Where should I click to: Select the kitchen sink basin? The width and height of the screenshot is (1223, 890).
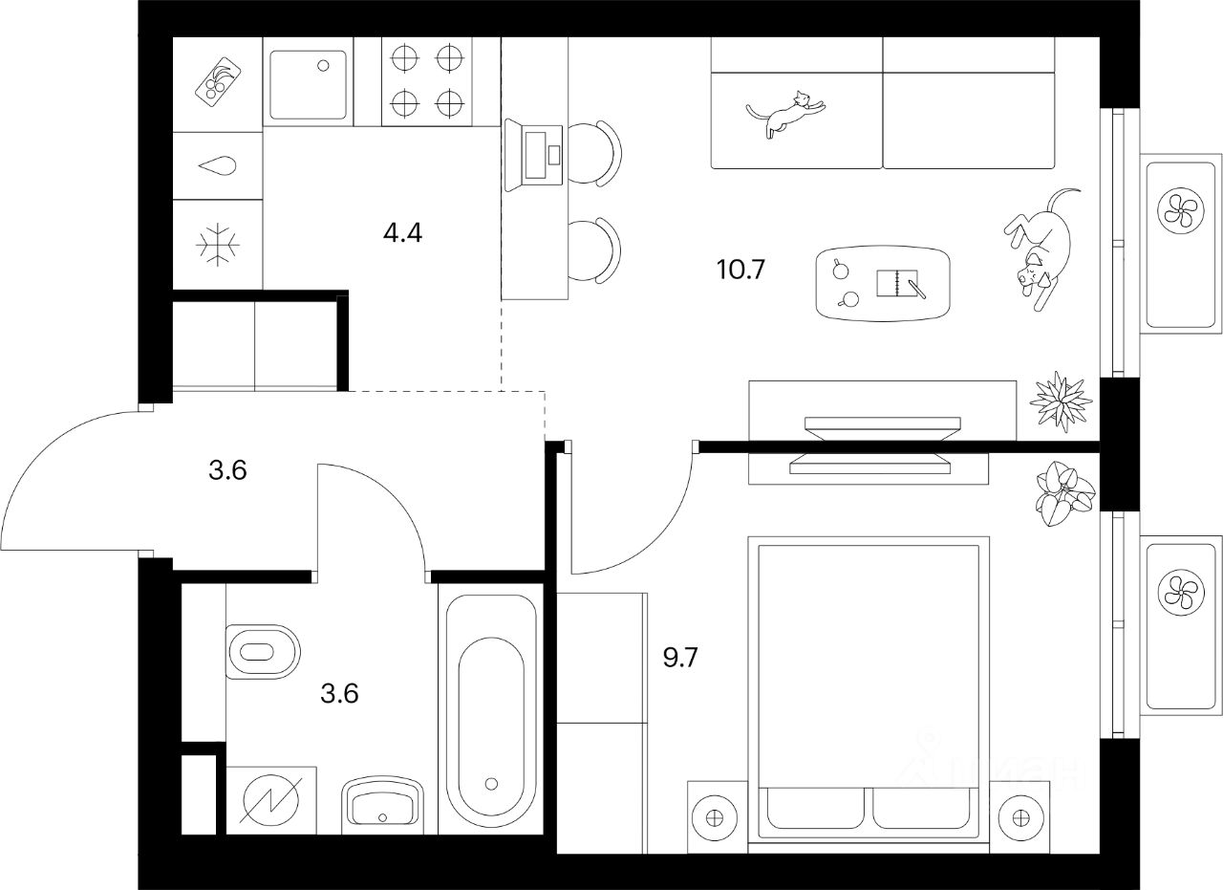click(309, 84)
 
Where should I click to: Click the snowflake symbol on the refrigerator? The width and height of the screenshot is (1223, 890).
click(217, 244)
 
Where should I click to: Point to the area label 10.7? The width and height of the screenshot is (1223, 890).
click(741, 270)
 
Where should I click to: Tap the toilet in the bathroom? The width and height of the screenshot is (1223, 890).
click(263, 652)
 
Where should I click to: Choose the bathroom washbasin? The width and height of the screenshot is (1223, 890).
click(382, 802)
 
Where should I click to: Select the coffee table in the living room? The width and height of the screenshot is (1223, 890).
click(884, 284)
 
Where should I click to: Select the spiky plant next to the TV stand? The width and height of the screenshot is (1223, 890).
click(1061, 399)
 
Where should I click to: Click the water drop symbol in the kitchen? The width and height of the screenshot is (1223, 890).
click(217, 166)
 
